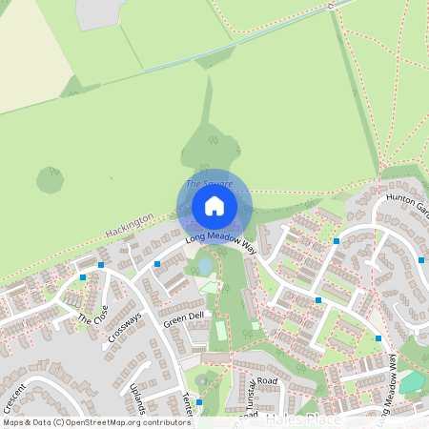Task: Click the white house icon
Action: (214, 205)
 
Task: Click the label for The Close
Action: (92, 313)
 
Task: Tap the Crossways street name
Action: (125, 326)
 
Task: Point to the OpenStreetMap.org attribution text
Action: (124, 421)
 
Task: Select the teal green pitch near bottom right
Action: (412, 382)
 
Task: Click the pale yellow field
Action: (29, 57)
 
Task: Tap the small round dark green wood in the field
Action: (50, 179)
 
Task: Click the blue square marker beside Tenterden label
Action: (199, 403)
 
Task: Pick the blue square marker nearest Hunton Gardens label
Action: (422, 259)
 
